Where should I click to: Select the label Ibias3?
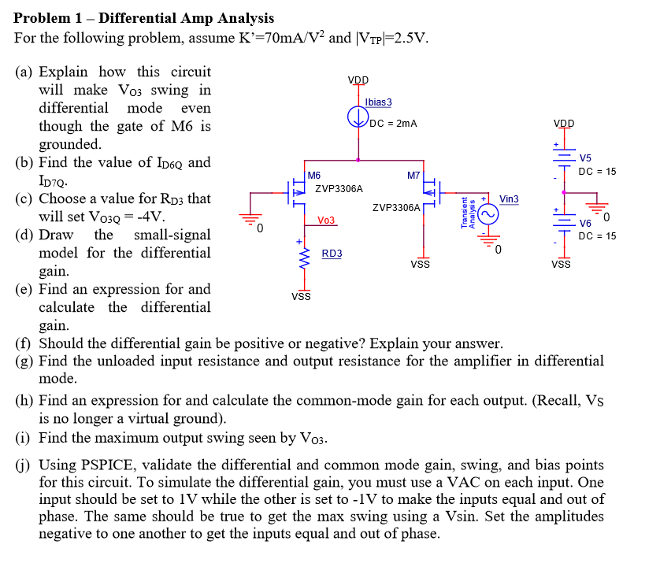[379, 102]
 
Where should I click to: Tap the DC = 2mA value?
[392, 124]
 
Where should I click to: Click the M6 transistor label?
[314, 175]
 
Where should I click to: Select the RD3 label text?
[332, 253]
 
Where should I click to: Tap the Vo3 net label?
[326, 220]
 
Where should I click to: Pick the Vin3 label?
[509, 199]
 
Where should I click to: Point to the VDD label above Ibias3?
[358, 80]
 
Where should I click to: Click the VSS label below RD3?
[300, 296]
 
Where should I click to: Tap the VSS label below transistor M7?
[420, 265]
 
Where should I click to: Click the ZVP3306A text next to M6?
[339, 189]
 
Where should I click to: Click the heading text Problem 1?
[46, 18]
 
